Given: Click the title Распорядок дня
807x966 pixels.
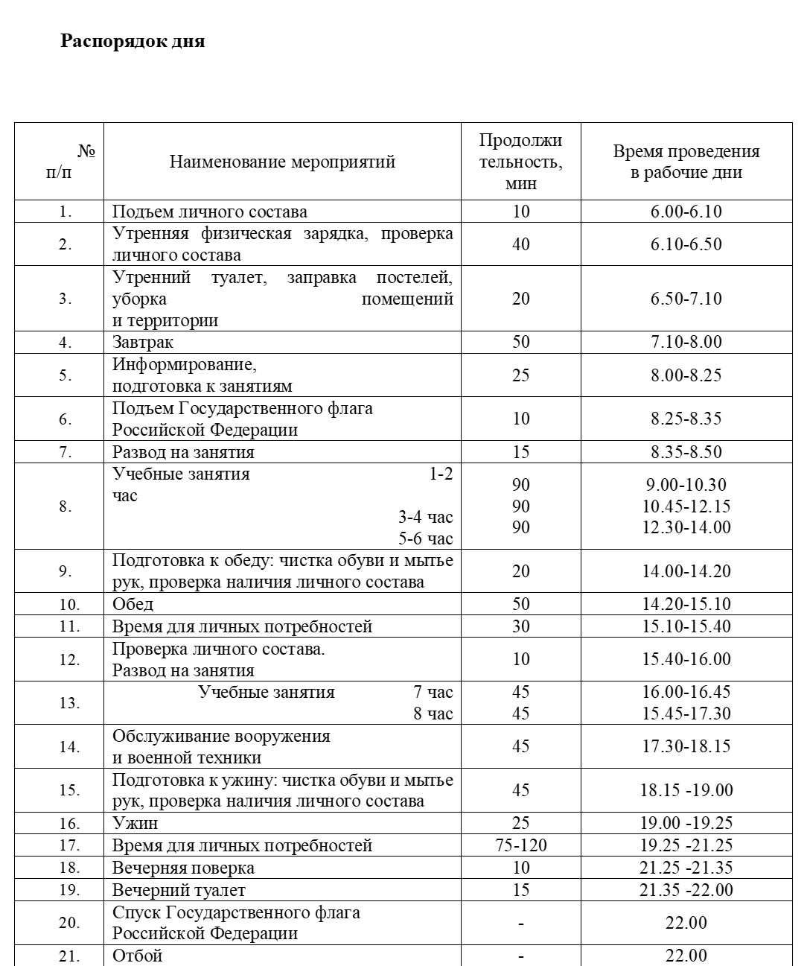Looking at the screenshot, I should [132, 41].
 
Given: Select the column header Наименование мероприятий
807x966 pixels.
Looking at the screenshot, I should [282, 162].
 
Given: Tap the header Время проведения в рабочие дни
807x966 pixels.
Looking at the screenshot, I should [686, 162].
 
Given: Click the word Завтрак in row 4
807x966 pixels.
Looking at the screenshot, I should [143, 342].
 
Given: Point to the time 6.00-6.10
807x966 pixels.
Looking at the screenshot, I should [686, 211].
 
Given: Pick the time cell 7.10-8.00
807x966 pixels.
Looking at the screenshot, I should [686, 342].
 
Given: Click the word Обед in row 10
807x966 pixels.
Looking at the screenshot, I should [133, 603].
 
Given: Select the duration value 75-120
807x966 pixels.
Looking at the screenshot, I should [520, 845].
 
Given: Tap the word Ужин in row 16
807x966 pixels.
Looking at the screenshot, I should [135, 823].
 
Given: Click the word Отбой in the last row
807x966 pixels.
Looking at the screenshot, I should [137, 955].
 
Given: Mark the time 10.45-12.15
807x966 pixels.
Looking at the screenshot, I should [686, 506].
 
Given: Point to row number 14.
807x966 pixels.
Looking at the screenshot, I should [68, 747].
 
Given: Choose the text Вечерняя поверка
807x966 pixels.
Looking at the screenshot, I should [183, 868].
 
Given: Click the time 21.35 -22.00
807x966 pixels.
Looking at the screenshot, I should [686, 890].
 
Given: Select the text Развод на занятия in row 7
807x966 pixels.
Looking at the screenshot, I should [183, 452].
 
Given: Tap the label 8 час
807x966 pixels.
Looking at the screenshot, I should [433, 714].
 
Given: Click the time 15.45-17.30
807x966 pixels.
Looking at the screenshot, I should [686, 714].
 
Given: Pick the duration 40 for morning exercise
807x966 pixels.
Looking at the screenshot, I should [520, 244].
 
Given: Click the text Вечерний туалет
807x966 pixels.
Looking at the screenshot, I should [179, 890].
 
